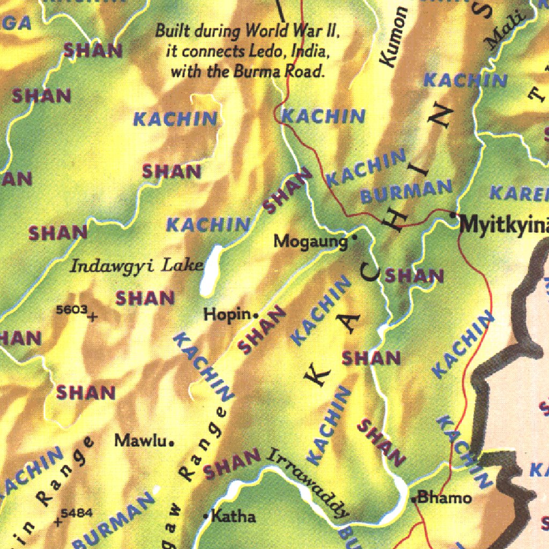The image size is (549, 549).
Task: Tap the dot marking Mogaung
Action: point(354,236)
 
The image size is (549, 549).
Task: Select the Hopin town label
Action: point(227,315)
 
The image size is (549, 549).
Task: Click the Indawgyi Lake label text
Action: point(137,265)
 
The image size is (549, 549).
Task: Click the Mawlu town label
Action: point(140,441)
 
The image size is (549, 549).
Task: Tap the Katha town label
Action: point(234,517)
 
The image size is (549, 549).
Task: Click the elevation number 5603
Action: point(71,309)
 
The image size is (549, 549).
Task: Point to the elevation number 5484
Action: point(77,513)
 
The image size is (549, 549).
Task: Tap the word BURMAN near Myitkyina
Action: point(406,191)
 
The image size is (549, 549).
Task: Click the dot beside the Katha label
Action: point(205,516)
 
